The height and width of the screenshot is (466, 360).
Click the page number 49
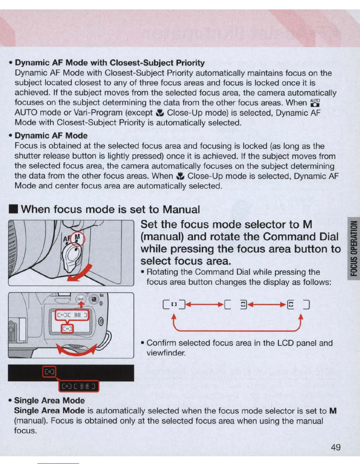[336, 447]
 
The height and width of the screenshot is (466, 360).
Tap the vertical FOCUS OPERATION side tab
[354, 249]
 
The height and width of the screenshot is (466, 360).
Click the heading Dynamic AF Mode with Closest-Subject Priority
[110, 63]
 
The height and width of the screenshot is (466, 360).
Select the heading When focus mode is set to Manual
[110, 209]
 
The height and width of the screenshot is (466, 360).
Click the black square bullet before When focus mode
[14, 209]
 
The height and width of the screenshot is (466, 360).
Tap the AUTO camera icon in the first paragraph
[315, 103]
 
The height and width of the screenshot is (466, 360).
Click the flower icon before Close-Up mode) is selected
[160, 113]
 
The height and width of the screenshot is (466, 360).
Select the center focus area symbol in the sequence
[236, 304]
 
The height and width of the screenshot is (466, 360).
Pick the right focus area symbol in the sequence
[299, 304]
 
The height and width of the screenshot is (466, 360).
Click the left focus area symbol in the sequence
[174, 304]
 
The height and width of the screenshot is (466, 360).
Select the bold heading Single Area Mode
[49, 400]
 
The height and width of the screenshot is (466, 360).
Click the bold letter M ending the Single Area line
[333, 411]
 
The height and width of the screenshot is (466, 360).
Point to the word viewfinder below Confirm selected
[166, 353]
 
